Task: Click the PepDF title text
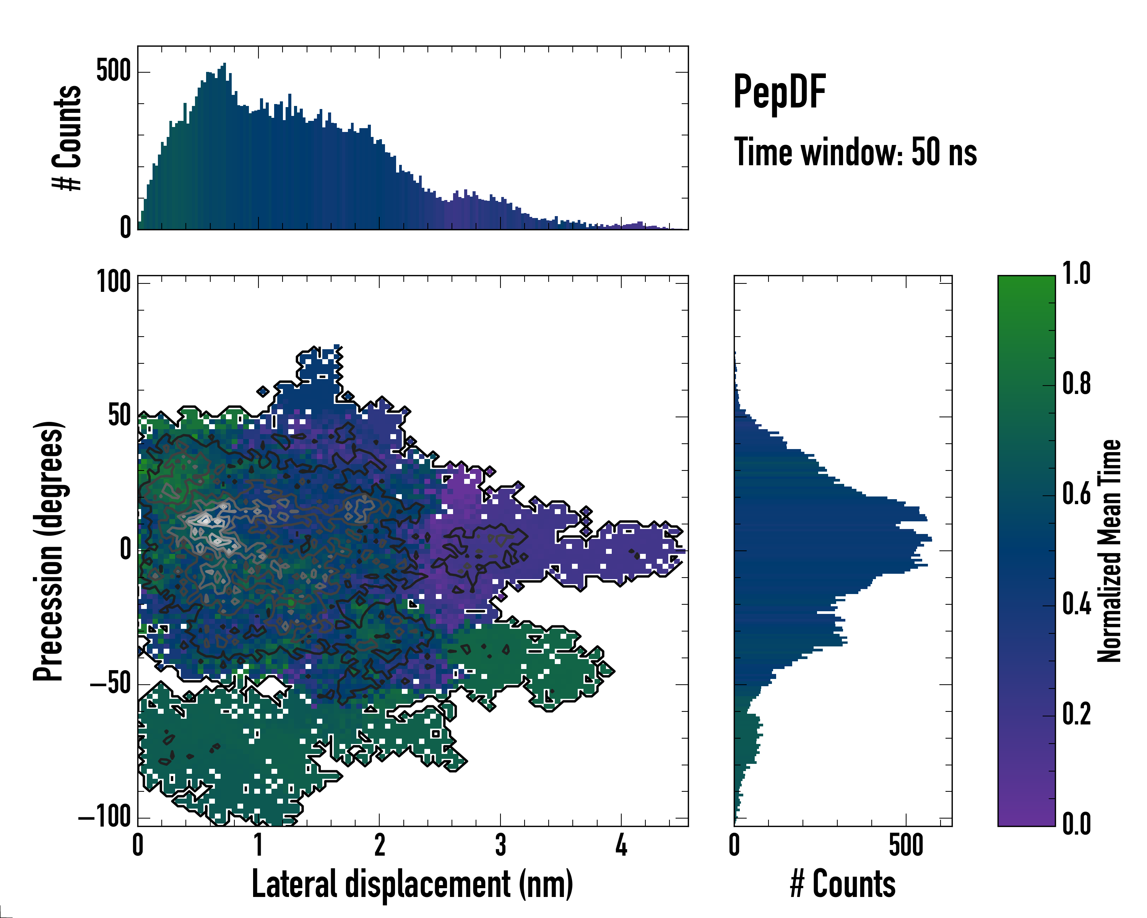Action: point(779,93)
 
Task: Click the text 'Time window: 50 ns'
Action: point(855,152)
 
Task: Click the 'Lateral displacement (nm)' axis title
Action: point(412,884)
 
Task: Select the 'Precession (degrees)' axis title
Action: point(49,551)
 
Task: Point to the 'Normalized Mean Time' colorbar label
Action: point(1109,551)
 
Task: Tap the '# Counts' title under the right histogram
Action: point(843,884)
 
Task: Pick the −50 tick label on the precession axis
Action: point(110,684)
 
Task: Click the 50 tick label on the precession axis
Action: point(119,416)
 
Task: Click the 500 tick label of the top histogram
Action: point(113,71)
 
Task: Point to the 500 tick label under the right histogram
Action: point(905,846)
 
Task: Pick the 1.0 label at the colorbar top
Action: point(1076,274)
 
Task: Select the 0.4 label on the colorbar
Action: point(1076,605)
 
